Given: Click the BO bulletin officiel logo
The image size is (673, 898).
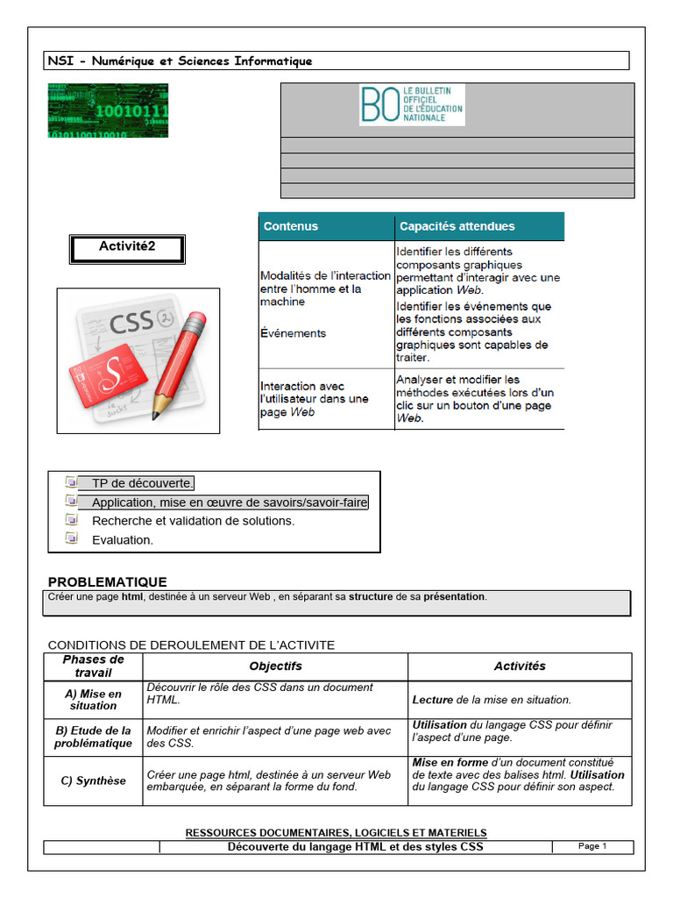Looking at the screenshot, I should (x=412, y=104).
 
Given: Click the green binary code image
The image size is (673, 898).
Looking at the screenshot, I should (x=108, y=110).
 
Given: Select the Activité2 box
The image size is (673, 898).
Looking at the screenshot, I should (x=127, y=248).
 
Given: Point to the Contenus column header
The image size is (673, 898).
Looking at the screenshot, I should (x=291, y=226).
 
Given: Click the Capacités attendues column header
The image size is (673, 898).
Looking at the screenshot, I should (x=457, y=226).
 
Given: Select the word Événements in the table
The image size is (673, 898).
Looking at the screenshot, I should (x=293, y=333).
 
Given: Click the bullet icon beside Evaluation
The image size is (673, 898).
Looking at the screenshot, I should (x=72, y=538).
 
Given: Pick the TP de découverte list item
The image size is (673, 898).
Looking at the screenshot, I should (x=143, y=483).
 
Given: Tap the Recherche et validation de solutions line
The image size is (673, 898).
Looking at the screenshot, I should (x=193, y=521).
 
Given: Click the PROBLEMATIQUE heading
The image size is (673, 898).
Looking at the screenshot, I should (x=107, y=582).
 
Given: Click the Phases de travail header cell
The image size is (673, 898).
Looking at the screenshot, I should (x=94, y=666).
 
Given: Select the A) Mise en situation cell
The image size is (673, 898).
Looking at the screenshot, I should (x=94, y=699).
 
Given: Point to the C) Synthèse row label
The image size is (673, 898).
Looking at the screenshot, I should (x=94, y=780).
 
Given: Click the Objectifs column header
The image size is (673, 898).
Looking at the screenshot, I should (x=275, y=666).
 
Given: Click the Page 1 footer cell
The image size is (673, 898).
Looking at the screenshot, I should (x=592, y=846).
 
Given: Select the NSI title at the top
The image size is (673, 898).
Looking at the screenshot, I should (x=180, y=61).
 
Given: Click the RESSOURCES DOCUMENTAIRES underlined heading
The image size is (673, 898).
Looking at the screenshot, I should (x=336, y=832).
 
